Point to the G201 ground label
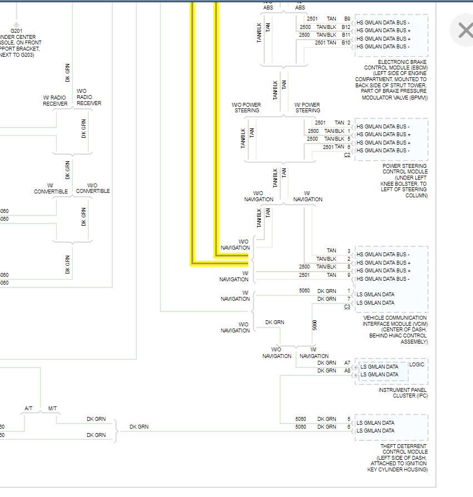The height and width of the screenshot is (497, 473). click(16, 31)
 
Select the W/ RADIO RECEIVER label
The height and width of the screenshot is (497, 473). click(55, 101)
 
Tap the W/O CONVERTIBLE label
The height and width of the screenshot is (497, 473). click(93, 188)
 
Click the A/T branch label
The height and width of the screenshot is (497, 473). click(28, 409)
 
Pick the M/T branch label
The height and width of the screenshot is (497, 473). click(53, 409)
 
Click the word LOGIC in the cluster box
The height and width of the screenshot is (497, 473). click(416, 365)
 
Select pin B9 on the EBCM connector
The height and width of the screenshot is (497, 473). click(347, 19)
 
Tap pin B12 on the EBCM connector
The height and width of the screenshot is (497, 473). click(346, 27)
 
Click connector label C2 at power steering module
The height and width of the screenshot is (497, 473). click(347, 155)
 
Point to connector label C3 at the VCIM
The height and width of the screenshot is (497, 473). click(347, 307)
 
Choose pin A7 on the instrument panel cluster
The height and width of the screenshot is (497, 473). click(347, 363)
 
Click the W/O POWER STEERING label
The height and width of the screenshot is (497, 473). click(246, 107)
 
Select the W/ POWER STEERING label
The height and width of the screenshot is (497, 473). click(307, 107)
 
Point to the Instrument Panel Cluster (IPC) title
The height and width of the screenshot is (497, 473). click(402, 393)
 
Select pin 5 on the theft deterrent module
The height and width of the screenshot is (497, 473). click(349, 419)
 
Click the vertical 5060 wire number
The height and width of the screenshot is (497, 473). click(315, 325)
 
